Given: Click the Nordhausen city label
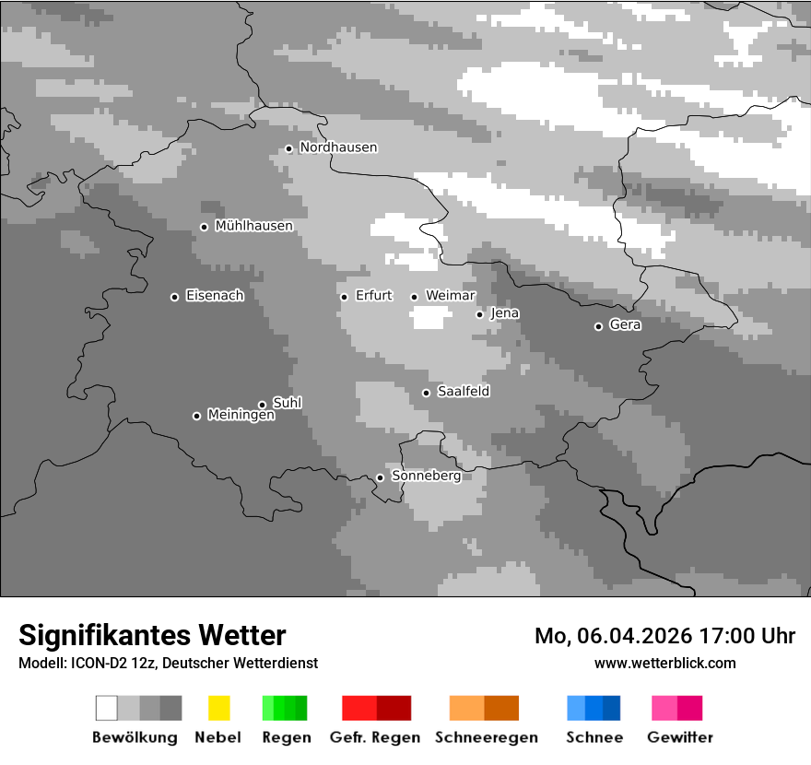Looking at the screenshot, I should (x=338, y=147).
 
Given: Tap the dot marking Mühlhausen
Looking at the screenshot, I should (x=204, y=227).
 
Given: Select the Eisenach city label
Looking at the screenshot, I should (x=215, y=296).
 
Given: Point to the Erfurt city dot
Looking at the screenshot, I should (x=344, y=297).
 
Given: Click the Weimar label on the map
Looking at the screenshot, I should (x=451, y=296).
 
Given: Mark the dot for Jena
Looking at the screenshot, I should (x=479, y=314).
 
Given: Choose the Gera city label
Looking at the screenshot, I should (x=625, y=325).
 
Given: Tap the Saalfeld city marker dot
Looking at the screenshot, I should (x=426, y=393).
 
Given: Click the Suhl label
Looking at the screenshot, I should (x=288, y=403).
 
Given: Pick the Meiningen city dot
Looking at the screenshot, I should (x=196, y=416).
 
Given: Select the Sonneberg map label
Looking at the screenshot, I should (x=426, y=477).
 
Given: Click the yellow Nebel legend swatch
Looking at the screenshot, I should (x=218, y=708).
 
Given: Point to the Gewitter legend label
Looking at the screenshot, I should (x=680, y=737).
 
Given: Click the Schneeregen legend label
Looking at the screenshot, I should (x=486, y=737).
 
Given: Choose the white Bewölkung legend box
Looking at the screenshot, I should (x=107, y=708).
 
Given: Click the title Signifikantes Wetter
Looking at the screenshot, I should (x=152, y=635).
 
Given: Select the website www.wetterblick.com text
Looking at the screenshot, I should (x=664, y=663).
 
